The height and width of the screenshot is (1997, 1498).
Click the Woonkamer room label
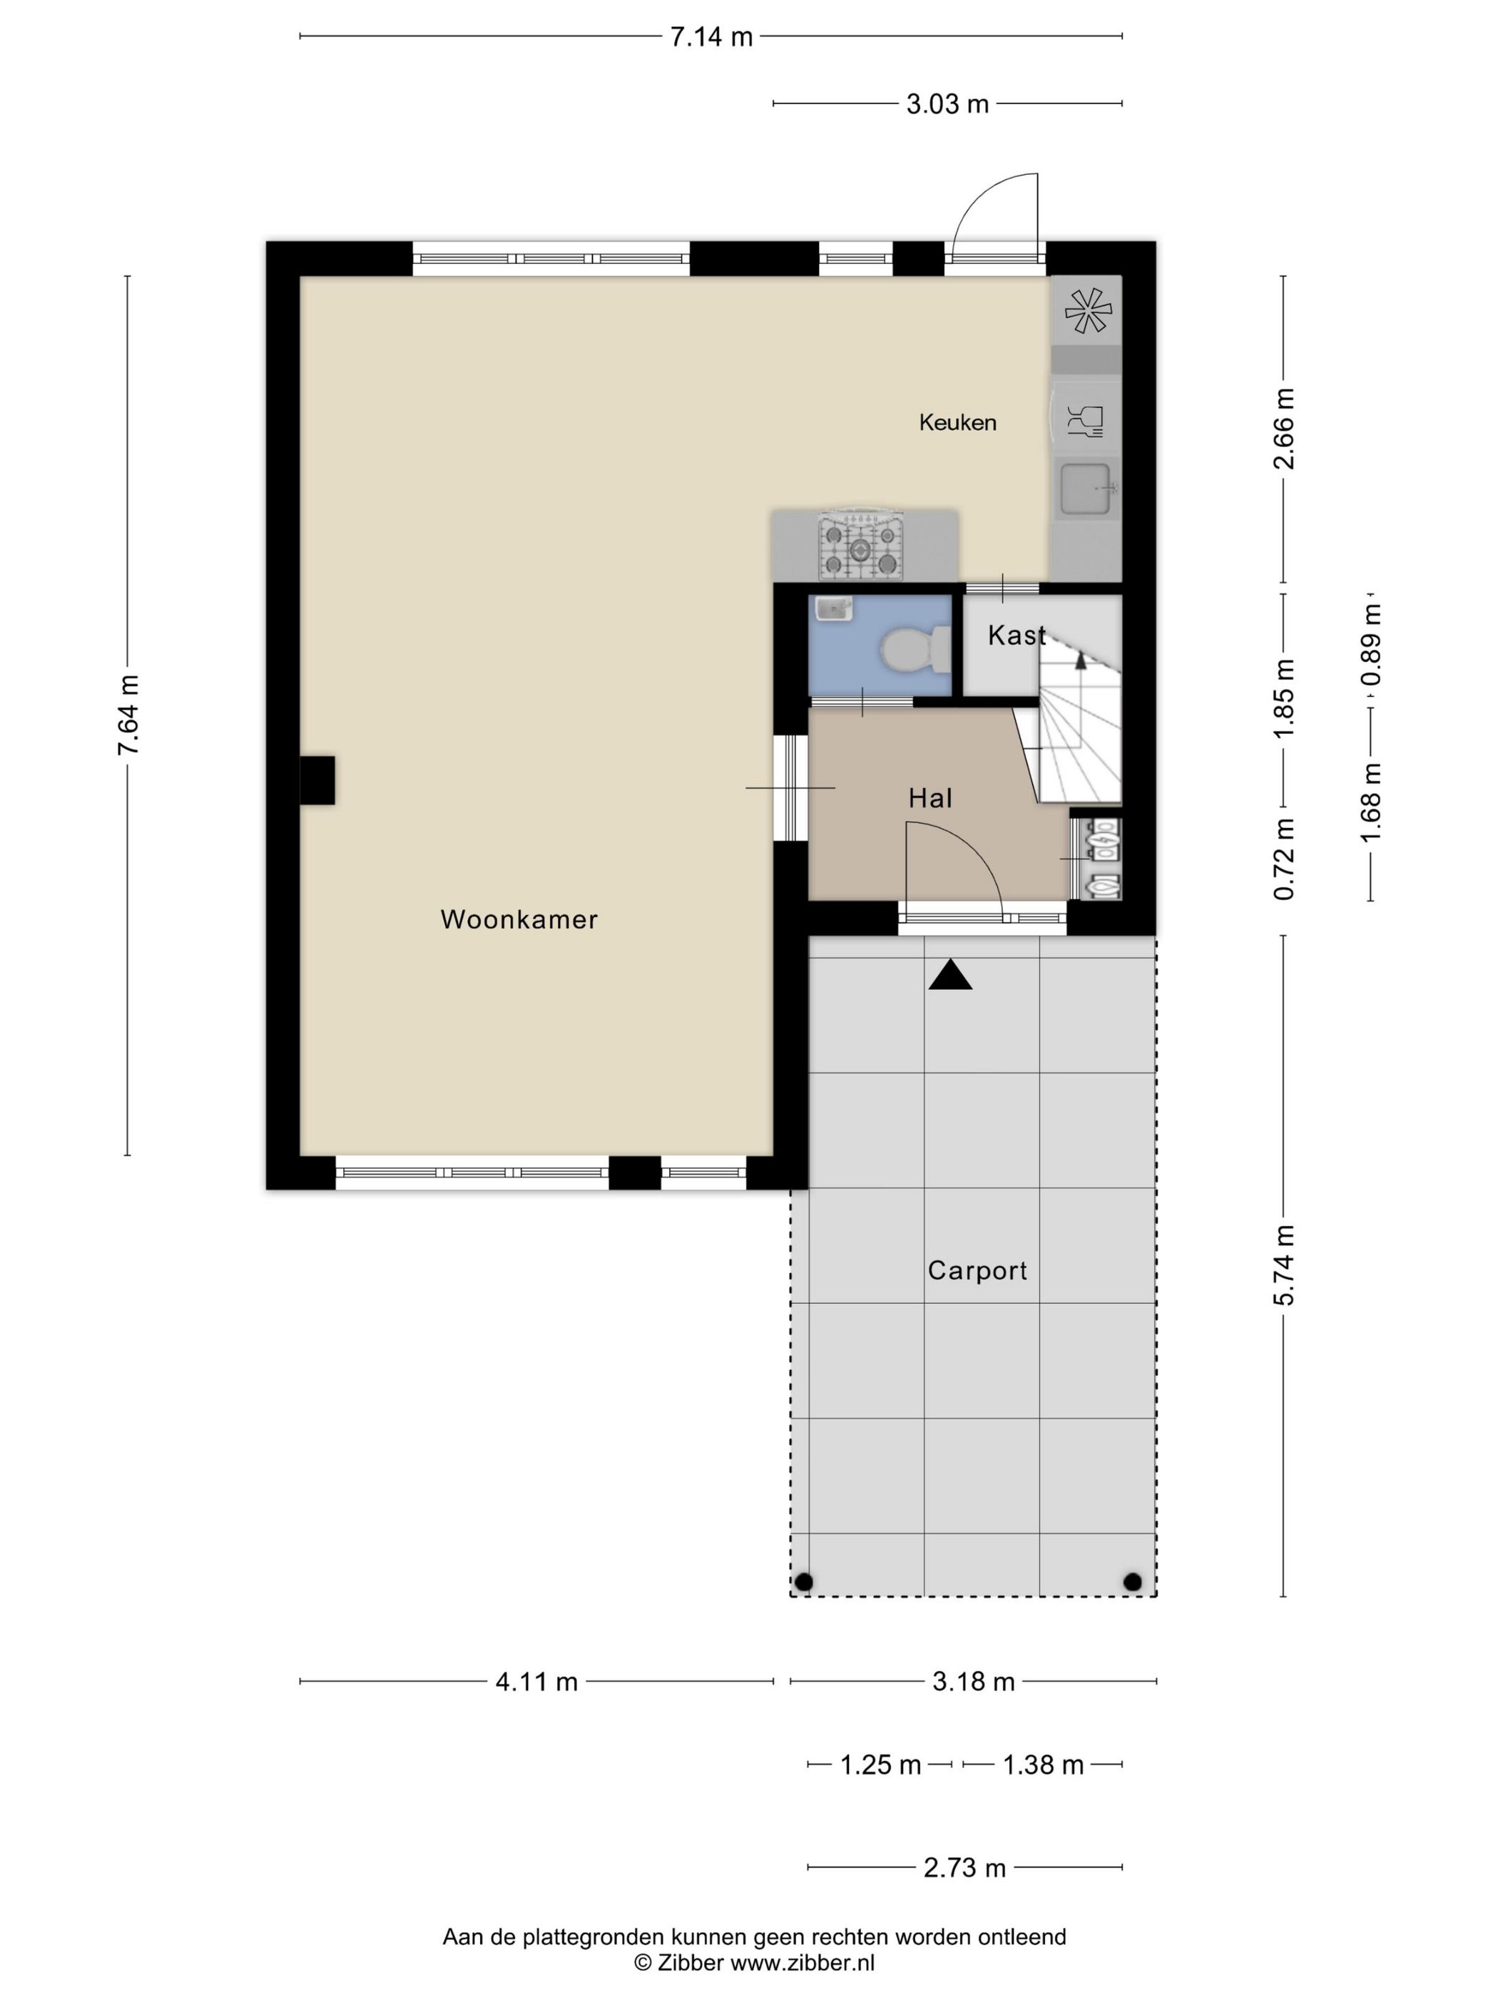click(x=519, y=920)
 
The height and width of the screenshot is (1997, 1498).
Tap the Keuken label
click(x=957, y=422)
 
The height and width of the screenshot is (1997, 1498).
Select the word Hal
click(x=931, y=798)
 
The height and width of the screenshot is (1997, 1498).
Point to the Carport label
click(x=977, y=1271)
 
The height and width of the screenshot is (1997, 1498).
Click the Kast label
click(x=1017, y=635)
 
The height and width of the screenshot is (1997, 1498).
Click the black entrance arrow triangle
click(x=951, y=975)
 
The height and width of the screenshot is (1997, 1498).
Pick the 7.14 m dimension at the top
click(x=711, y=37)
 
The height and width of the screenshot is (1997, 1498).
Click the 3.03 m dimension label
click(x=947, y=105)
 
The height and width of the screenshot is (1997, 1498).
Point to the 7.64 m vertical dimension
click(x=127, y=715)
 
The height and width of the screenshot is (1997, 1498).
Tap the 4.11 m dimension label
click(x=536, y=1682)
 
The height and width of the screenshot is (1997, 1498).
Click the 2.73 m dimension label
click(x=964, y=1868)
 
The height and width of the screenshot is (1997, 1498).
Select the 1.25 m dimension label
click(x=880, y=1765)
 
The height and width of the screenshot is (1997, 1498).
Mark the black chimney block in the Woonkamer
click(x=317, y=780)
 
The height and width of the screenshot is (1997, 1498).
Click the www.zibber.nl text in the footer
click(x=802, y=1962)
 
